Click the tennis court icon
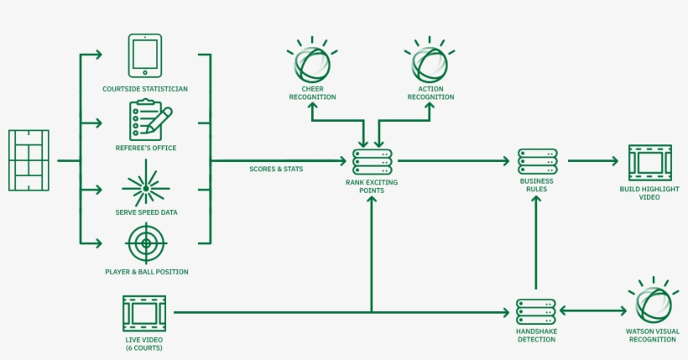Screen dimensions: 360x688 (x=29, y=159)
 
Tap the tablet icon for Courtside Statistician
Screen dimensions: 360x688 (x=145, y=56)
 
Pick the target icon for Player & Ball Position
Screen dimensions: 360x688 (x=146, y=245)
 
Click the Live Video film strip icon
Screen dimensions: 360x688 (x=143, y=313)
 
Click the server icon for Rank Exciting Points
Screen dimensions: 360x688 (x=372, y=160)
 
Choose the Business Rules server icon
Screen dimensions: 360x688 (x=537, y=162)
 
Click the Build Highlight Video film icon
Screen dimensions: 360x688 (x=650, y=162)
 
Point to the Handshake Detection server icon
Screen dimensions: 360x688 (x=536, y=312)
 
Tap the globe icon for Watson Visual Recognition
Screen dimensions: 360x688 (x=653, y=303)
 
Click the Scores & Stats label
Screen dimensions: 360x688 (x=276, y=170)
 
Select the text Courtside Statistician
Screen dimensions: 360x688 (x=145, y=88)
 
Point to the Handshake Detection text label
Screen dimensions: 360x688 (x=536, y=336)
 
